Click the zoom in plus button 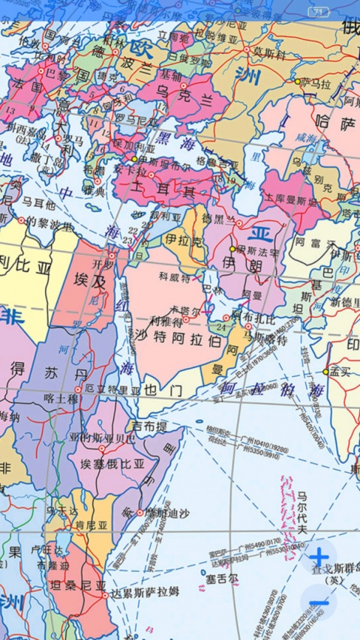[319, 557]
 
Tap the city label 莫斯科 [268, 51]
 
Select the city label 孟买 [340, 371]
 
